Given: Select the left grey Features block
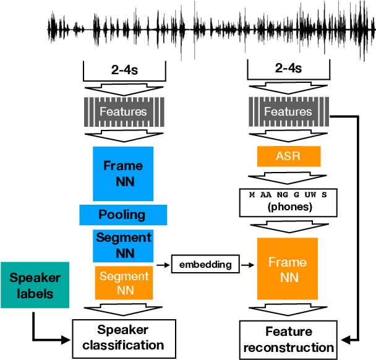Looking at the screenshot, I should point(124,112).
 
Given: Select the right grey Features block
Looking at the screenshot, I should point(288,112).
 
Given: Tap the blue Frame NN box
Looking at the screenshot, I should point(123,174).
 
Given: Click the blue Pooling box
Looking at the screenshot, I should point(123,215).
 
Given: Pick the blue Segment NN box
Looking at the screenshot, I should point(123,245).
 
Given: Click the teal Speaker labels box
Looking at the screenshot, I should point(30,286).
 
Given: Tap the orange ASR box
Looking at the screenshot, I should point(288,156).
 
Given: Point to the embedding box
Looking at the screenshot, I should point(205,265).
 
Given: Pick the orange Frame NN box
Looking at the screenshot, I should point(288,270).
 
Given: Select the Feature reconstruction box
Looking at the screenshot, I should point(288,340).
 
